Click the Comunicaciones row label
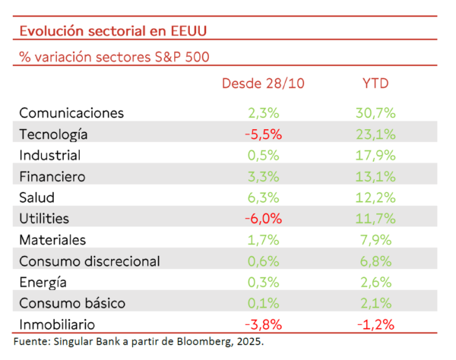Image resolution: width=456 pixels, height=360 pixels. click(x=71, y=113)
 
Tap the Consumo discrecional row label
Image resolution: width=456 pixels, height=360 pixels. click(x=89, y=261)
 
